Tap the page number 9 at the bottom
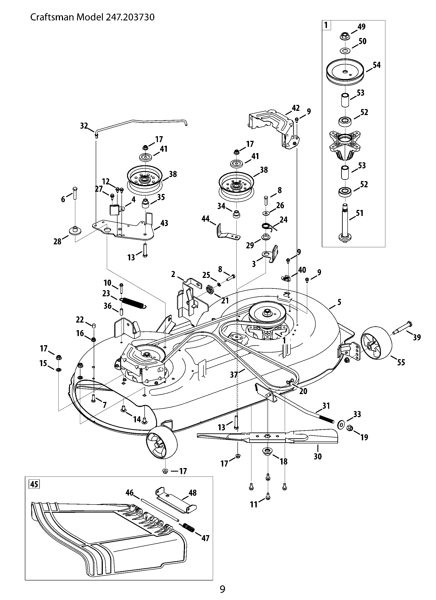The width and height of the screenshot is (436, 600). pos(223,589)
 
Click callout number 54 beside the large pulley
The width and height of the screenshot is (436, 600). pos(376,65)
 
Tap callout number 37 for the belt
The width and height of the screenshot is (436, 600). pos(234,374)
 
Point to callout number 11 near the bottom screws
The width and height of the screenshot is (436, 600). pos(254,504)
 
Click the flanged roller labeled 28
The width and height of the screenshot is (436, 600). pos(75,230)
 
